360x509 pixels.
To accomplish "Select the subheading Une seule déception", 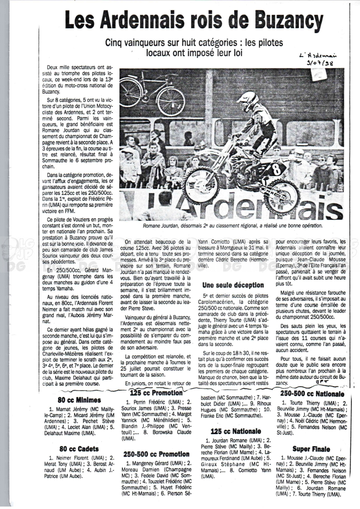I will click(x=233, y=285).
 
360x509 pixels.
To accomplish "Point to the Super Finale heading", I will click(x=311, y=449).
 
